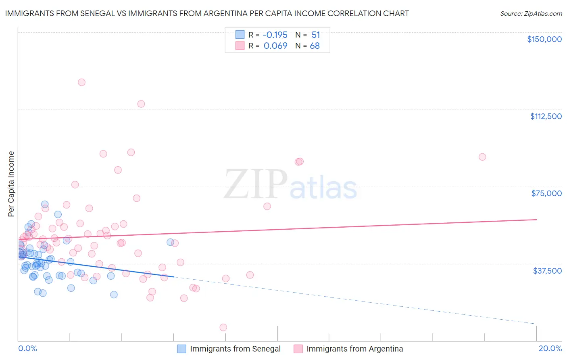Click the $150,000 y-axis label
click(544, 39)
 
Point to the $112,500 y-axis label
click(546, 116)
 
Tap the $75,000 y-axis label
click(546, 193)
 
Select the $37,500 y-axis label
click(547, 271)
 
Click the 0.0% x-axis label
click(27, 348)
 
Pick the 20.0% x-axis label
click(550, 348)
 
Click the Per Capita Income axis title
click(11, 184)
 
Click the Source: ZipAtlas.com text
click(531, 14)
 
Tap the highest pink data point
click(81, 82)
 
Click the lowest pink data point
click(223, 327)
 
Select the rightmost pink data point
click(482, 157)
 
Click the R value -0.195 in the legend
click(275, 35)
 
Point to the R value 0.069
click(275, 46)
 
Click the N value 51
click(315, 35)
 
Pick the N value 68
click(315, 46)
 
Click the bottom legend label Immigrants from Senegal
click(235, 349)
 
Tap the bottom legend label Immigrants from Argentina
click(354, 349)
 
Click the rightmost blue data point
click(171, 242)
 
